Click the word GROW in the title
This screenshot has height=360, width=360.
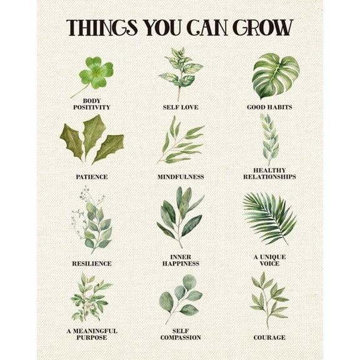[262, 27]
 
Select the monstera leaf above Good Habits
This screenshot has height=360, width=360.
[274, 75]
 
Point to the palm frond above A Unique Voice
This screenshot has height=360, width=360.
[269, 216]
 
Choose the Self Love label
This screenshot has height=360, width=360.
[181, 107]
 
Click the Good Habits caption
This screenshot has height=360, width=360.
[269, 107]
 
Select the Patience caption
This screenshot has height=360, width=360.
[91, 177]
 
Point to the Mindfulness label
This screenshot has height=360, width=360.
[181, 177]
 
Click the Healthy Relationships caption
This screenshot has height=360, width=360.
[269, 173]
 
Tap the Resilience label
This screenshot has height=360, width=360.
[91, 264]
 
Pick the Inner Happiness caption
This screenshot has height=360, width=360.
[181, 260]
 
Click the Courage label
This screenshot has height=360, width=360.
[269, 337]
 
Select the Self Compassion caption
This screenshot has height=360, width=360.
[181, 334]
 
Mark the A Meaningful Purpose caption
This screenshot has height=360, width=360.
[91, 334]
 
